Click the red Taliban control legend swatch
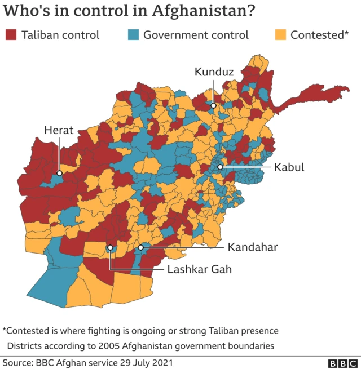click(x=11, y=35)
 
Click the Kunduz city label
click(x=214, y=72)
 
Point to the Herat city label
click(x=59, y=131)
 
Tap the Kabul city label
click(x=289, y=167)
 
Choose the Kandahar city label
click(x=253, y=247)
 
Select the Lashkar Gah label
click(x=200, y=269)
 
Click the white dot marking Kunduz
click(x=213, y=105)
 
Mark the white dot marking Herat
click(x=59, y=172)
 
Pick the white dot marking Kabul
click(x=220, y=167)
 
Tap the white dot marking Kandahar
click(x=140, y=247)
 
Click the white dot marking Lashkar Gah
click(x=111, y=247)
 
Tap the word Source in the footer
click(x=17, y=363)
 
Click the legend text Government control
click(x=196, y=35)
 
